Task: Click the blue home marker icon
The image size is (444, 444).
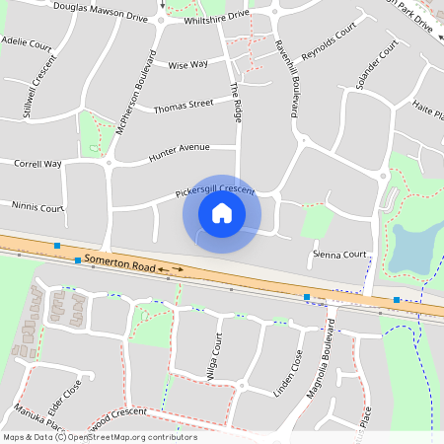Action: coord(222,213)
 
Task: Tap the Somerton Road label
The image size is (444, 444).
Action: coord(119,264)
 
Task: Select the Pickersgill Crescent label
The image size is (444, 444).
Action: coord(215,188)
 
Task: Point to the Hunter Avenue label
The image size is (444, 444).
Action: coord(179,152)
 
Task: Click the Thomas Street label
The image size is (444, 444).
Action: coord(184,104)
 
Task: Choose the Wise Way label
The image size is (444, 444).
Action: coord(187,65)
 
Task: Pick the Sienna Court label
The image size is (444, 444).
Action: coord(338,254)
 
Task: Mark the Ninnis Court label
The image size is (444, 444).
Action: coord(37,208)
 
